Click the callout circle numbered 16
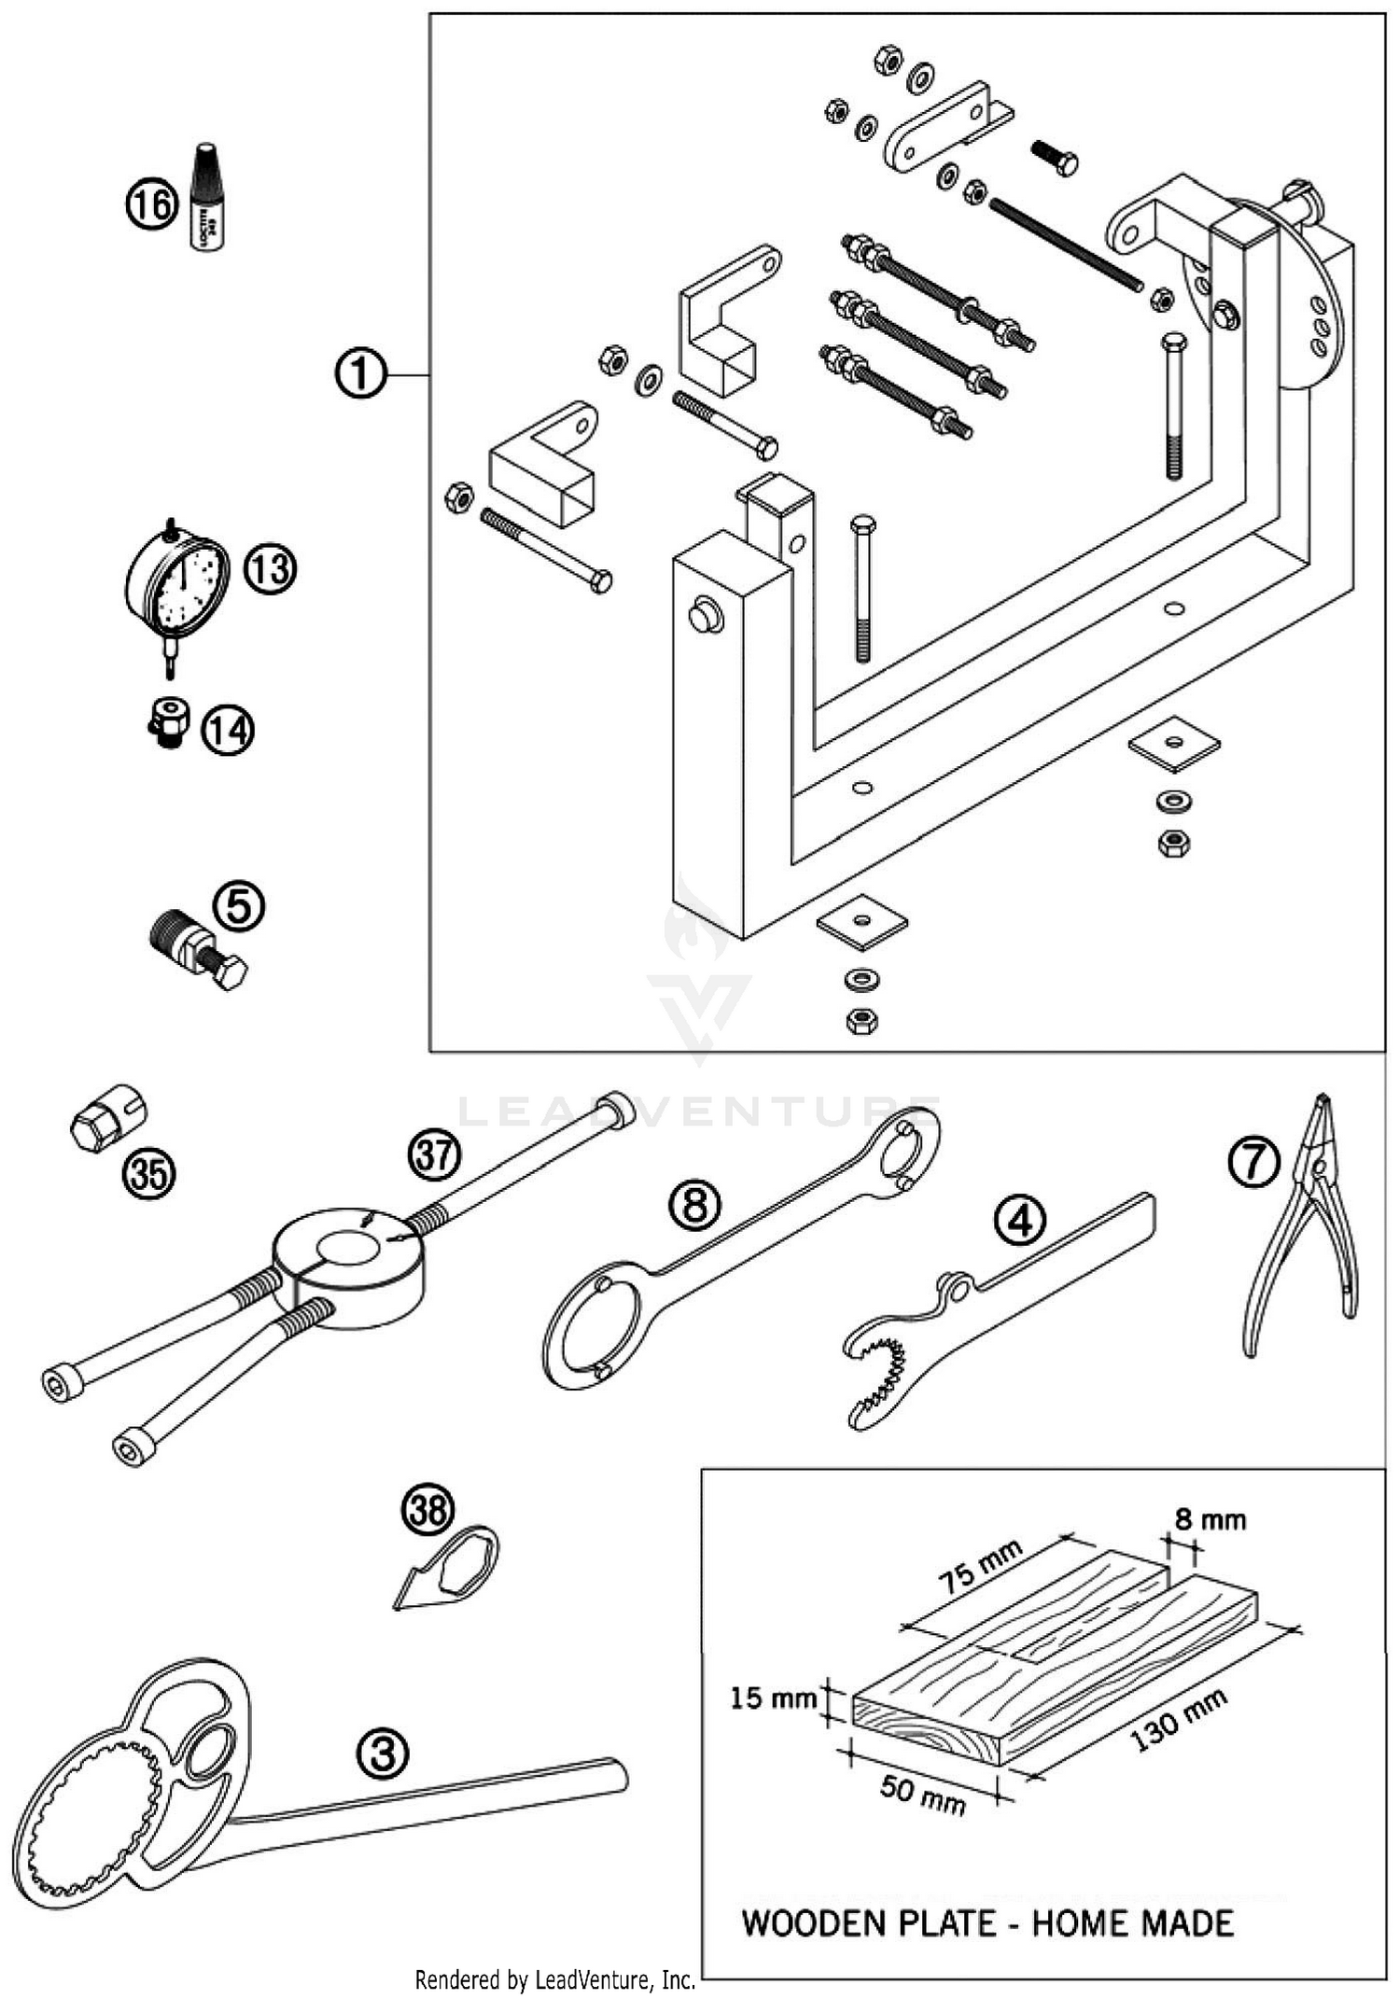coord(150,203)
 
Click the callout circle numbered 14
coord(229,730)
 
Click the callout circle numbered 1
coord(360,374)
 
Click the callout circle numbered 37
coord(434,1155)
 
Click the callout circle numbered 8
coord(695,1206)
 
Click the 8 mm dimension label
coord(1210,1520)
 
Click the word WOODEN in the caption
coord(813,1923)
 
